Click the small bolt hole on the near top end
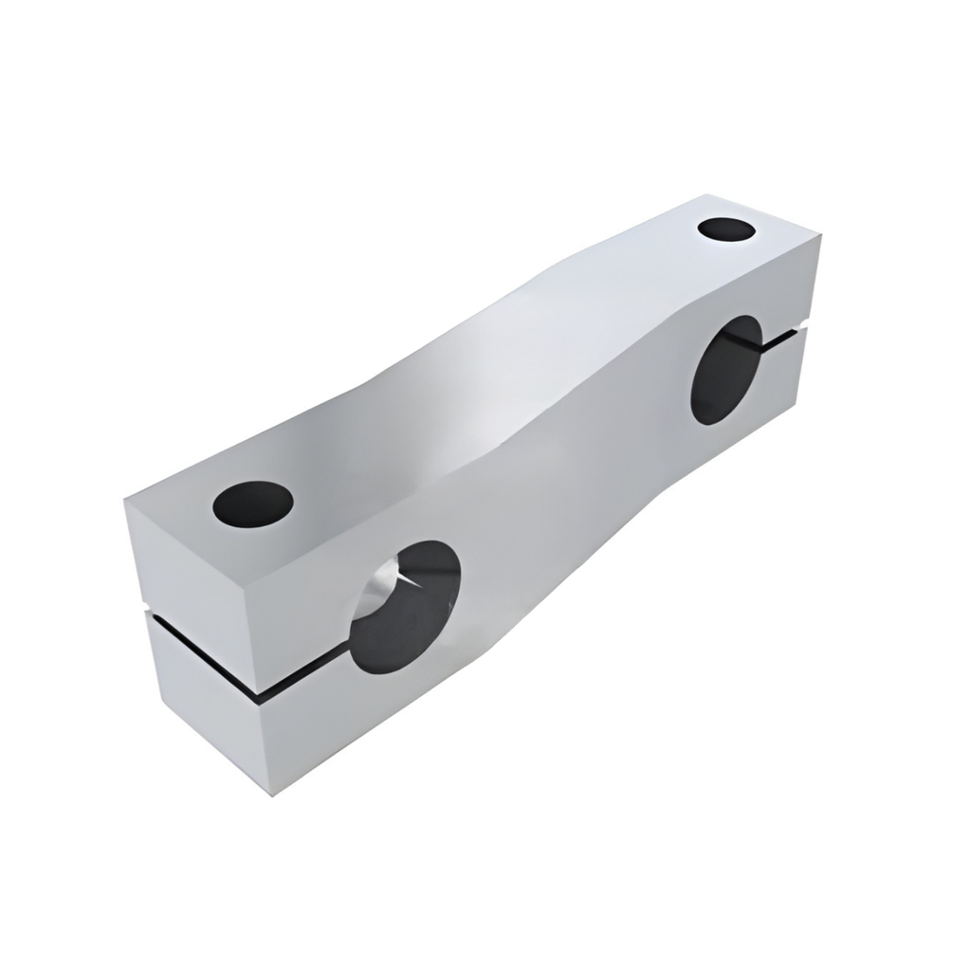252,503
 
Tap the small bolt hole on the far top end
726,229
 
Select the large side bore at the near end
405,607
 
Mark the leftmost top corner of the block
126,501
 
